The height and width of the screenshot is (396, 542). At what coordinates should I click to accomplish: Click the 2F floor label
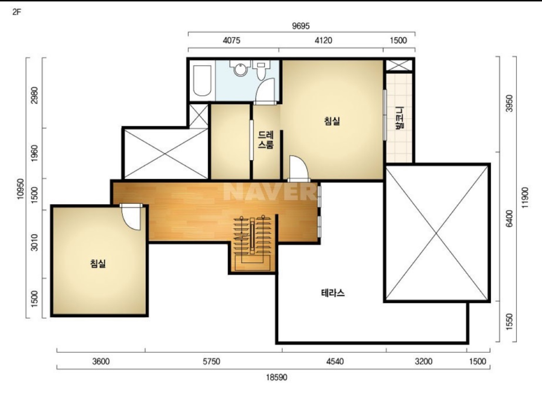(17, 12)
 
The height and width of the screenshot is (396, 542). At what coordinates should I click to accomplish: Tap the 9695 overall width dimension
(301, 26)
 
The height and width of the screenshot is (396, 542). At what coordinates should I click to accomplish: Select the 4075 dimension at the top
(231, 40)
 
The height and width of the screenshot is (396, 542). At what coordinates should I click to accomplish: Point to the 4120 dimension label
(323, 40)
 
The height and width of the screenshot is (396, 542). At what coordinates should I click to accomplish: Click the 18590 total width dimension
(277, 378)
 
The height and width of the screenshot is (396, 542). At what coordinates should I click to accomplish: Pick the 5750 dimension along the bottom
(212, 362)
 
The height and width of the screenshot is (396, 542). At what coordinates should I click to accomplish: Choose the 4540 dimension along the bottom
(335, 362)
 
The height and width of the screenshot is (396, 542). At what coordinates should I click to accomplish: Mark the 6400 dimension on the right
(509, 219)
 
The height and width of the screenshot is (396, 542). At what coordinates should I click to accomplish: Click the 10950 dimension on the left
(21, 189)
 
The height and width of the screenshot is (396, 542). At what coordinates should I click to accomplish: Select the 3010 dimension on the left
(35, 242)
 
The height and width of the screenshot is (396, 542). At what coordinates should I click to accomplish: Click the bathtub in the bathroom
(202, 80)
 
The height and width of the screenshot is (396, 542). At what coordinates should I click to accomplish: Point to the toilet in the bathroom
(261, 70)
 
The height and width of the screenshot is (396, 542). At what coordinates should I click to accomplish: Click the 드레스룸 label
(266, 140)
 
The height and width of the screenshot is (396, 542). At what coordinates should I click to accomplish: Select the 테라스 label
(333, 293)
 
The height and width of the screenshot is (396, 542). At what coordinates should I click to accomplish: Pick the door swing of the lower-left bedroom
(131, 218)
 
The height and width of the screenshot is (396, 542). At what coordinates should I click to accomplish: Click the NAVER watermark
(270, 192)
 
